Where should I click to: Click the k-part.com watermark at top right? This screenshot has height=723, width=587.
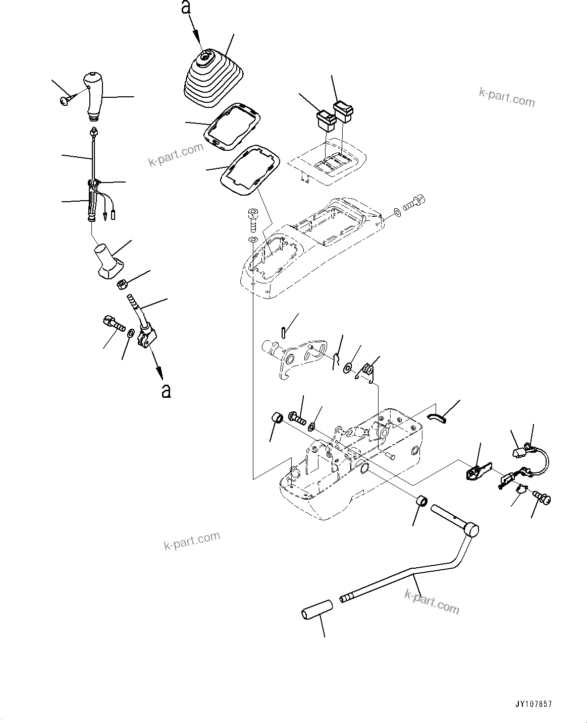pyautogui.click(x=507, y=97)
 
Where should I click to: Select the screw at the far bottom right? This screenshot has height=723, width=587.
pyautogui.click(x=543, y=499)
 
